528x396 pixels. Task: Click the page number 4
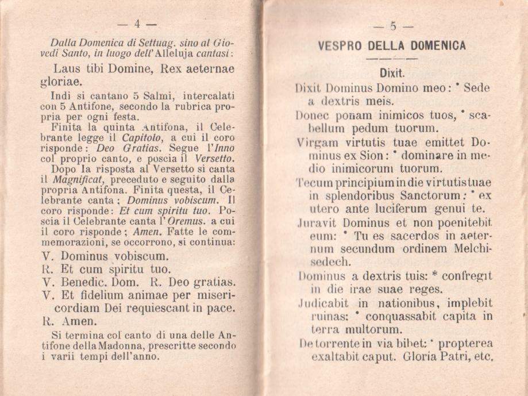point(137,24)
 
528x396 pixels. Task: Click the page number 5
point(393,26)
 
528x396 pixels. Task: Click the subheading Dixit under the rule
point(393,74)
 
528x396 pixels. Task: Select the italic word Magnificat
point(72,179)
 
